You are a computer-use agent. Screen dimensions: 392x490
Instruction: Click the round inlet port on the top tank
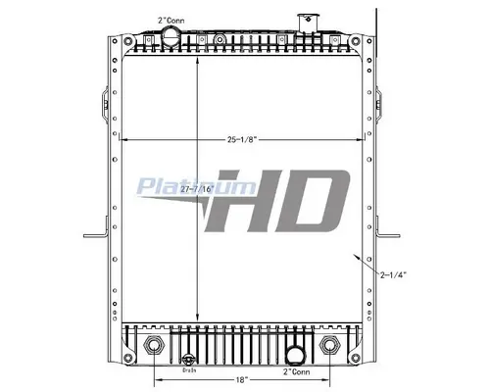click(171, 39)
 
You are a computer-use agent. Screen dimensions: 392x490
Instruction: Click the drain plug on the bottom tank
click(191, 358)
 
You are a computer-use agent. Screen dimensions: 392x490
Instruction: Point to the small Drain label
click(191, 369)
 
